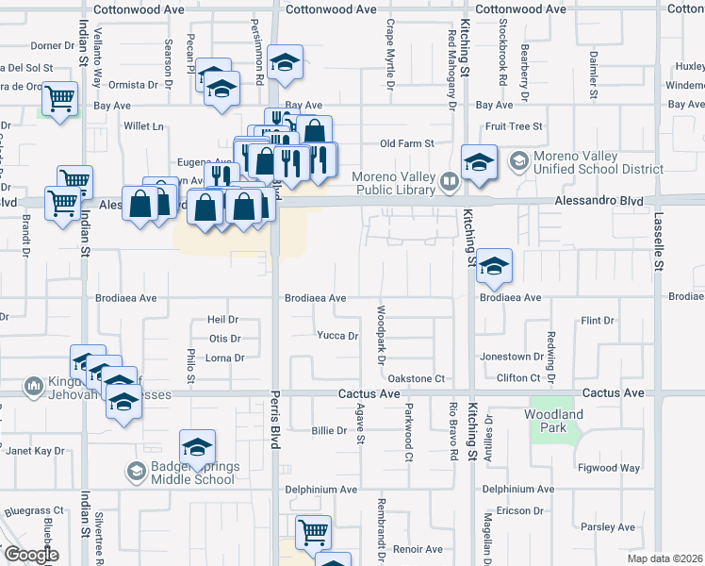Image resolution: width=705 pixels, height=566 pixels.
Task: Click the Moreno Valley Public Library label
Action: coord(394,183)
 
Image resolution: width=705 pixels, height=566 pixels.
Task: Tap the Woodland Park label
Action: coord(556,421)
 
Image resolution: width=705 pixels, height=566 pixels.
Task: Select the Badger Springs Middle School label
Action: coord(192,473)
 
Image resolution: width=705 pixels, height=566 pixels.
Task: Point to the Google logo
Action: coord(31,555)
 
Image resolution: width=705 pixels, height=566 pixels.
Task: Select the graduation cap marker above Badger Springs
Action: coord(197,446)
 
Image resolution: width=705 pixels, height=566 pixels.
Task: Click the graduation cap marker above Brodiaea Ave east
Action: coord(493,265)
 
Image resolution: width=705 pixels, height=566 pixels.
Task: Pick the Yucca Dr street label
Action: coord(337,336)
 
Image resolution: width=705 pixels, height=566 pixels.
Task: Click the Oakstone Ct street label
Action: coord(416,378)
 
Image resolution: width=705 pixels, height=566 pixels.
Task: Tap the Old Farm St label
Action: coord(406,143)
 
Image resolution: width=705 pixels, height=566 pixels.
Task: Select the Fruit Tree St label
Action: coord(515,125)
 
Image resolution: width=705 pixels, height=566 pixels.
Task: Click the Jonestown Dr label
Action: coord(512,357)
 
